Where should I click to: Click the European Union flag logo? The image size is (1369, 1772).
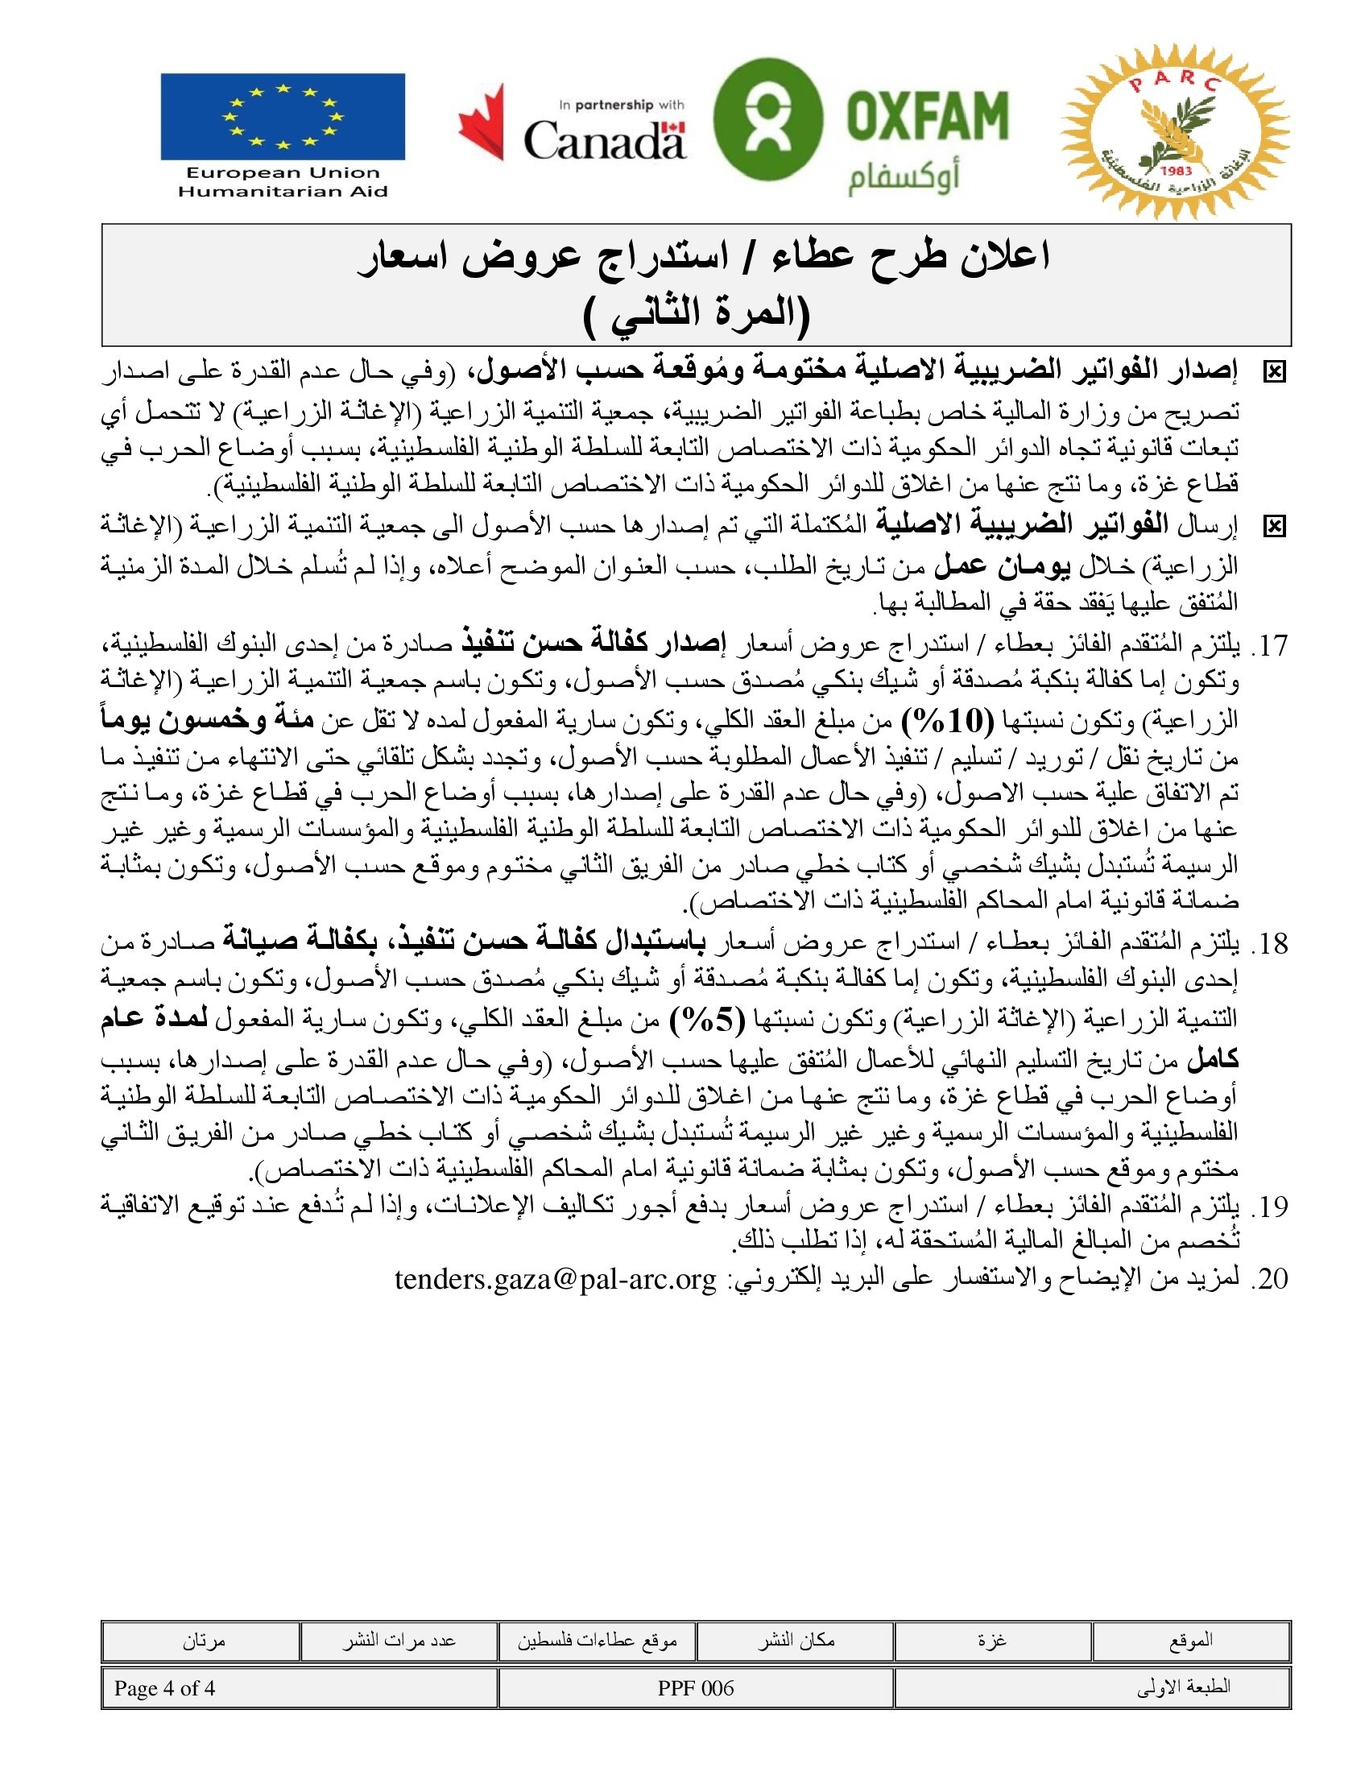pos(282,117)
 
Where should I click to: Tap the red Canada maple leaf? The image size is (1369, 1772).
pos(482,123)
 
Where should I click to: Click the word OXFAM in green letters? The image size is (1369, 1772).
pos(927,114)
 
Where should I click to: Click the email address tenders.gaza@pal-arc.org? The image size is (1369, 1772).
pos(556,1279)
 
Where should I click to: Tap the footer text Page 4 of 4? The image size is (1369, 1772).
pos(164,1688)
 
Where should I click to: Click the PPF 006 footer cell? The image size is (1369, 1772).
pos(696,1688)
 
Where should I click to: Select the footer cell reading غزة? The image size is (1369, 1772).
pos(992,1641)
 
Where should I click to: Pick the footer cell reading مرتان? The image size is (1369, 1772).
pos(203,1641)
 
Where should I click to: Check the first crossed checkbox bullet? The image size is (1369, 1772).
pos(1274,372)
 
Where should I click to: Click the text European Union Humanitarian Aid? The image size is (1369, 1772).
pos(282,182)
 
